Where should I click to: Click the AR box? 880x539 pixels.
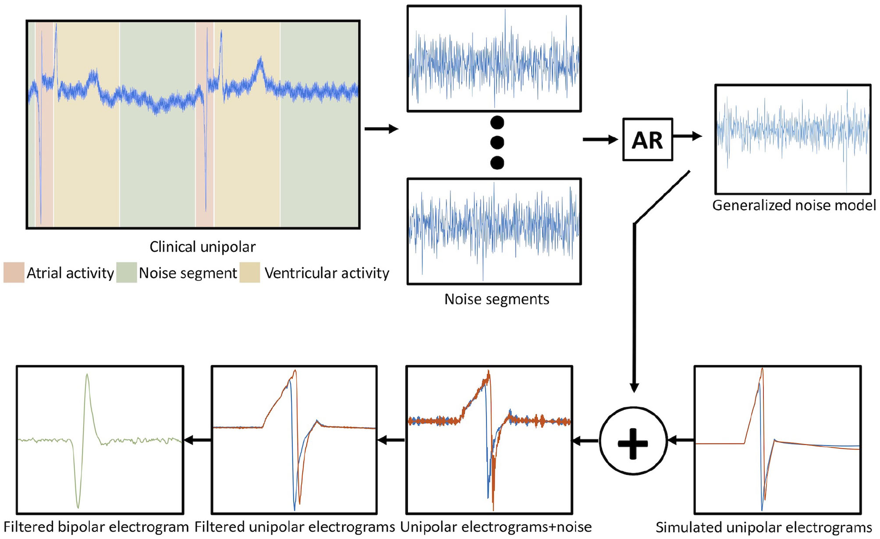[647, 140]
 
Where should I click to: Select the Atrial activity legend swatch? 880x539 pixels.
[14, 273]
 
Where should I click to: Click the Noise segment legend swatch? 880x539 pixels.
[127, 273]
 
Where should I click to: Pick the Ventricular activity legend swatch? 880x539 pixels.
[250, 273]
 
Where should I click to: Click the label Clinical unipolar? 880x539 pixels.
[202, 247]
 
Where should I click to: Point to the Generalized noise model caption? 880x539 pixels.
[793, 205]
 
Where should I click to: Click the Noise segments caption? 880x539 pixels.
[497, 299]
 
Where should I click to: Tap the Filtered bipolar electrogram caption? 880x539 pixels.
[96, 527]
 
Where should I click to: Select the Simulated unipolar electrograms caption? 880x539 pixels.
[763, 527]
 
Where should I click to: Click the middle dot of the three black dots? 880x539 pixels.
[497, 142]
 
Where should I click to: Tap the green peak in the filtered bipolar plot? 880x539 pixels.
[87, 376]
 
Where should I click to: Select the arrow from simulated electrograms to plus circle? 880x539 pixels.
[681, 440]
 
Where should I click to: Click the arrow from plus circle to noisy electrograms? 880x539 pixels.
[585, 441]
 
